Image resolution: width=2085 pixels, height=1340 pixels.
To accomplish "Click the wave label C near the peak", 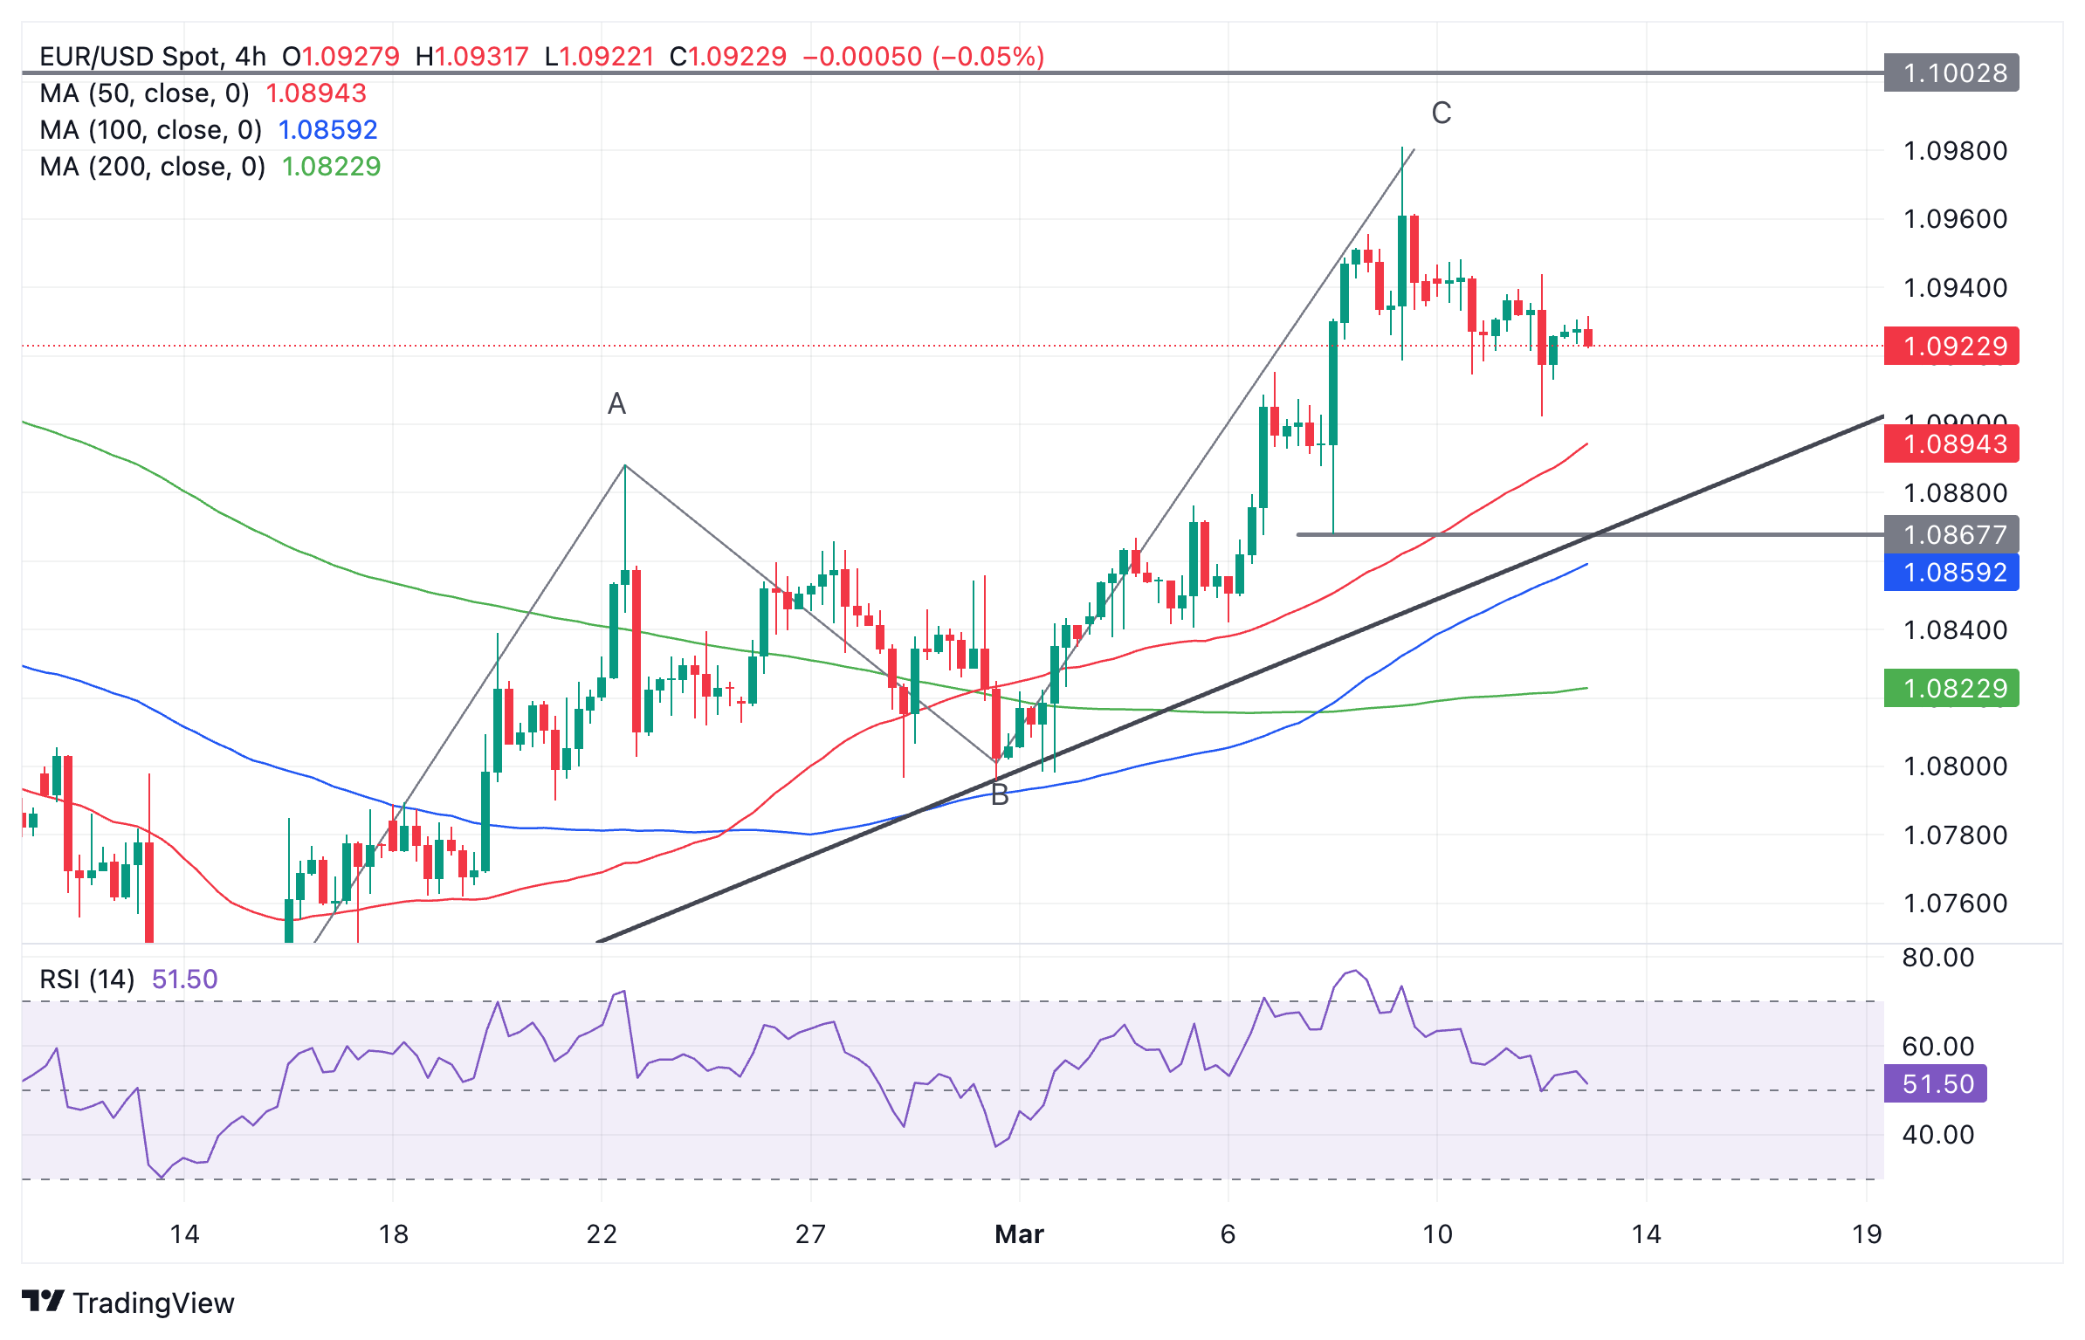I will pyautogui.click(x=1441, y=113).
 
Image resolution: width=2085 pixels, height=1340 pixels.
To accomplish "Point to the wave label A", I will pyautogui.click(x=616, y=404).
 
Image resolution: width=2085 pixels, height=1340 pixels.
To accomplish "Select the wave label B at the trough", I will pyautogui.click(x=1000, y=795).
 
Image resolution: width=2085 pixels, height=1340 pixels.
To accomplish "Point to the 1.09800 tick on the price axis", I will pyautogui.click(x=1955, y=151).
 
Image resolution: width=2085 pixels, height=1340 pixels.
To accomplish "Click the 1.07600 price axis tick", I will pyautogui.click(x=1955, y=904).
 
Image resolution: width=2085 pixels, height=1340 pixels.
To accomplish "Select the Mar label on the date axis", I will pyautogui.click(x=1019, y=1234).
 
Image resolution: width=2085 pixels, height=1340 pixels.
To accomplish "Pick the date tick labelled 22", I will pyautogui.click(x=602, y=1234).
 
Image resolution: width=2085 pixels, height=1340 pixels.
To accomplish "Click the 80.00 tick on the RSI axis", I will pyautogui.click(x=1937, y=958).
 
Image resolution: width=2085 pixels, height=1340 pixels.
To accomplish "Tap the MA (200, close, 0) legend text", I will pyautogui.click(x=153, y=167).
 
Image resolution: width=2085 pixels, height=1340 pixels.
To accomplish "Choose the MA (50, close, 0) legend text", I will pyautogui.click(x=145, y=93).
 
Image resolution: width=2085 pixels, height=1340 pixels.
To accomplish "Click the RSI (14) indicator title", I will pyautogui.click(x=87, y=979).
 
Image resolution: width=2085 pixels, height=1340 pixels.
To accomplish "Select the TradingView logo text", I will pyautogui.click(x=153, y=1303).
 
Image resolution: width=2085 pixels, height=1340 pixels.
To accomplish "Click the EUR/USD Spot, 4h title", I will pyautogui.click(x=153, y=57).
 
